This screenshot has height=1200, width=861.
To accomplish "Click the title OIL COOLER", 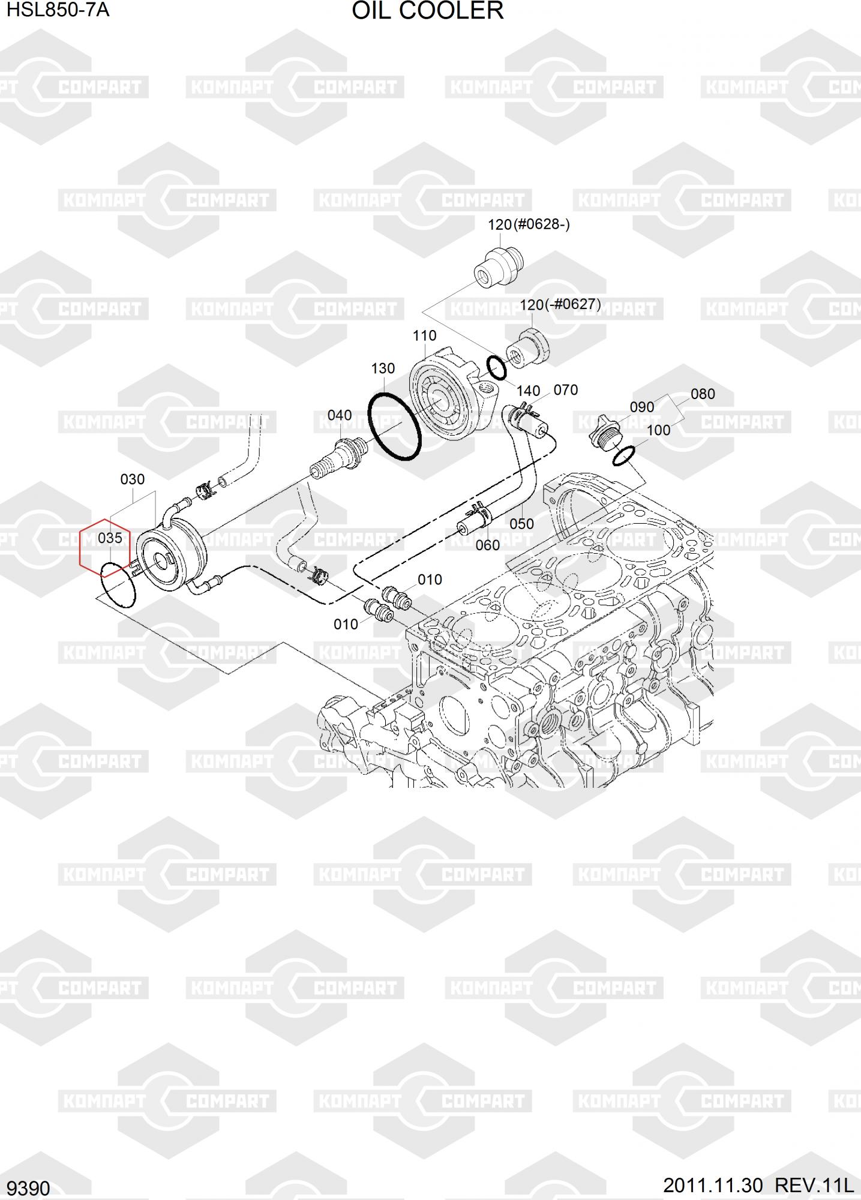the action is [427, 11].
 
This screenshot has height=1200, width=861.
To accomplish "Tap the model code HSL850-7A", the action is [58, 10].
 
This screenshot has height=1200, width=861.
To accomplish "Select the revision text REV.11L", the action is [814, 1185].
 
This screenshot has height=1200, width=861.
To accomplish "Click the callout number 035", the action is [110, 538].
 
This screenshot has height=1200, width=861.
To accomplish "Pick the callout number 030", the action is [133, 479].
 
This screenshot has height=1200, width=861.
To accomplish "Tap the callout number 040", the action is [340, 415].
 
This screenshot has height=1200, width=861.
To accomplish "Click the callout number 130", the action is [383, 368].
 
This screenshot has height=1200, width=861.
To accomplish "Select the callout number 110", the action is [424, 335].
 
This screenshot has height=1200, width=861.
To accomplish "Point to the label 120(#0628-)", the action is [529, 225].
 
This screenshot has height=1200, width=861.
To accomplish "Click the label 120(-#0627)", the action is [560, 305].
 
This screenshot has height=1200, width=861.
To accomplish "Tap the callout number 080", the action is [703, 394].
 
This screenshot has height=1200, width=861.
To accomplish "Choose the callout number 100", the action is [658, 430].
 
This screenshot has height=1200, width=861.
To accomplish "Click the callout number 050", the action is [521, 524].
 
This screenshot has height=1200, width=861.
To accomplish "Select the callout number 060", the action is [487, 545].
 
